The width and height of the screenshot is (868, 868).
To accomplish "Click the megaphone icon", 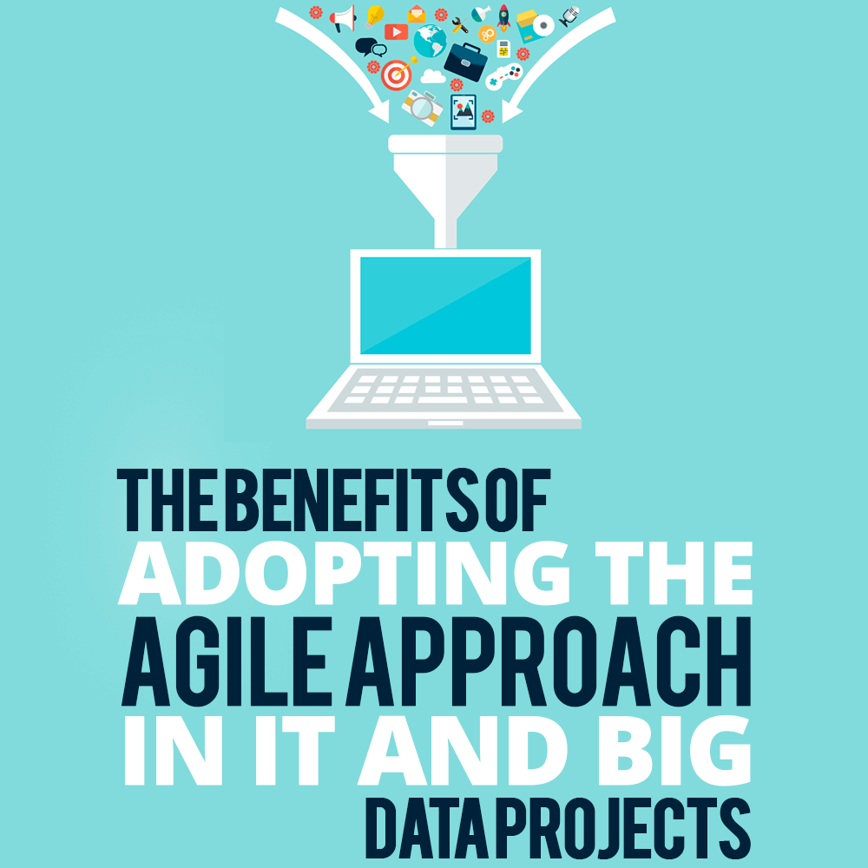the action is (x=343, y=19).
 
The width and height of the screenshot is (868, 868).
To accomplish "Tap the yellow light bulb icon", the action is (x=375, y=16).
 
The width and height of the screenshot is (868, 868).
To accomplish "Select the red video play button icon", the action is (x=397, y=32).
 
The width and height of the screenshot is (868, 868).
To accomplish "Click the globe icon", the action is (x=431, y=41).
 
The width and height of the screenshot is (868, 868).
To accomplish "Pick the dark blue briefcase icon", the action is (x=465, y=61).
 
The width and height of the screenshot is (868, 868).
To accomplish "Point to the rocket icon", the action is (x=503, y=17).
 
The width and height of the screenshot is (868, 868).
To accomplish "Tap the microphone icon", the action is (x=569, y=16).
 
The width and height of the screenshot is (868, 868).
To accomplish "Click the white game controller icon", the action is (x=503, y=76).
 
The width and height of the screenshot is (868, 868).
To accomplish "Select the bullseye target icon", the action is (x=398, y=73).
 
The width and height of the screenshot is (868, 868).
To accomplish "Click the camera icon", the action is (x=423, y=107).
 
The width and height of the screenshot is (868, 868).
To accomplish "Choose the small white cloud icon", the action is (x=433, y=76).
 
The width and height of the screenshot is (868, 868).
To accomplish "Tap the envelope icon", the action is (x=417, y=14).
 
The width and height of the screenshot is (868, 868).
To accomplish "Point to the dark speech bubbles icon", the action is (x=371, y=48).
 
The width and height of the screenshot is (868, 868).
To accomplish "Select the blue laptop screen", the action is (x=445, y=305).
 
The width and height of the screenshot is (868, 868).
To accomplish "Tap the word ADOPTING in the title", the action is (x=344, y=573).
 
